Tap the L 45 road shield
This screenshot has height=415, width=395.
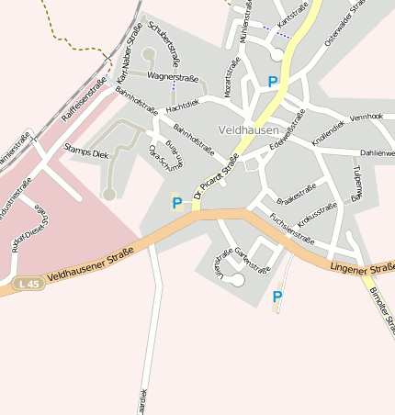click(x=28, y=285)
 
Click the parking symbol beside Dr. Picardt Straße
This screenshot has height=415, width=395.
click(x=176, y=203)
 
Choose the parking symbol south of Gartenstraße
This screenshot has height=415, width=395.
click(x=276, y=297)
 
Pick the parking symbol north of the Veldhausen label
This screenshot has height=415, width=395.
click(x=272, y=82)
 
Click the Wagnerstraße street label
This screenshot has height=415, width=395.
click(x=173, y=78)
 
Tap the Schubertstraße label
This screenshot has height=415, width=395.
click(x=167, y=43)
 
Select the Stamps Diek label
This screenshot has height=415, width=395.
click(x=86, y=153)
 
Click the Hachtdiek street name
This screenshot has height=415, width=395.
click(x=182, y=107)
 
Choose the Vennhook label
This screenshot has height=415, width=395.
click(x=366, y=117)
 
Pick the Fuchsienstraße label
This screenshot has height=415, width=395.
click(x=291, y=226)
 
